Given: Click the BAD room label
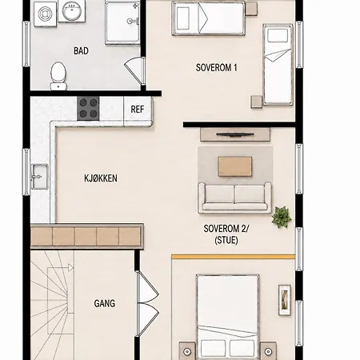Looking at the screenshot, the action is (81, 50).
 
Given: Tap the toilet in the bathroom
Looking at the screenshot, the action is (58, 76).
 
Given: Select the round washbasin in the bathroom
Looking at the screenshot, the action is (72, 11).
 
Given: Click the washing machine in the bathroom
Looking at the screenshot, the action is (45, 14).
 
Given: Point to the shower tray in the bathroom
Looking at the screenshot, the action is (122, 22).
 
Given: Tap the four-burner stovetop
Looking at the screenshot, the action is (88, 109).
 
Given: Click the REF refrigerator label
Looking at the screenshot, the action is (138, 109).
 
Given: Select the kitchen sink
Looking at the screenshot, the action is (39, 176).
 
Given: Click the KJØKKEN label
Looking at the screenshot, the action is (101, 178).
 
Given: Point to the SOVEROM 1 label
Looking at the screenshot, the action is (216, 67).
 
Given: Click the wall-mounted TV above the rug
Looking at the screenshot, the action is (235, 134).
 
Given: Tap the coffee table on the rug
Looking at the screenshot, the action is (235, 166).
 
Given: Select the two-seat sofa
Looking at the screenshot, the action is (234, 198).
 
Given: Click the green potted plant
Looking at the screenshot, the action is (282, 217).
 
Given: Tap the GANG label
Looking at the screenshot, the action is (105, 303).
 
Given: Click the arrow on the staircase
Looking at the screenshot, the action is (70, 267).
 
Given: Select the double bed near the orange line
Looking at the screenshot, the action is (228, 317).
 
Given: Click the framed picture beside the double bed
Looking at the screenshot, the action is (285, 300).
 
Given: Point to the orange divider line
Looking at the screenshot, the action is (234, 257).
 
